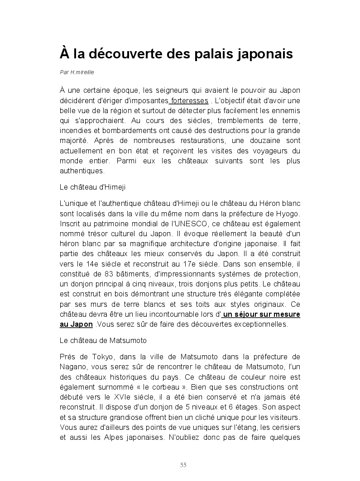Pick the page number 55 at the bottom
tap(183, 465)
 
